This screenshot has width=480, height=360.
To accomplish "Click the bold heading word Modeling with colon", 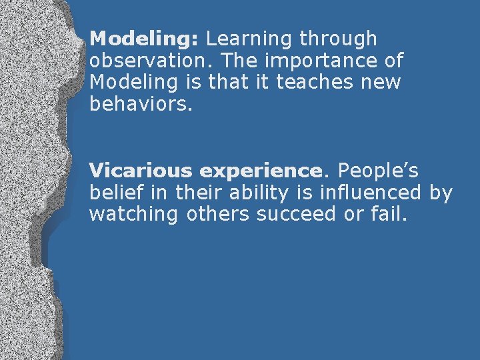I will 144,39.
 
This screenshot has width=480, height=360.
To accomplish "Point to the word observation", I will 151,61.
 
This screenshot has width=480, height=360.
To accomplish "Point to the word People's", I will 378,171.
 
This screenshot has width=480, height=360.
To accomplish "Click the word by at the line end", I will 441,193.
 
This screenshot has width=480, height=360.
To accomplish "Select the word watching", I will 134,215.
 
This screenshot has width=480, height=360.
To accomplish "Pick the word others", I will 219,215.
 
